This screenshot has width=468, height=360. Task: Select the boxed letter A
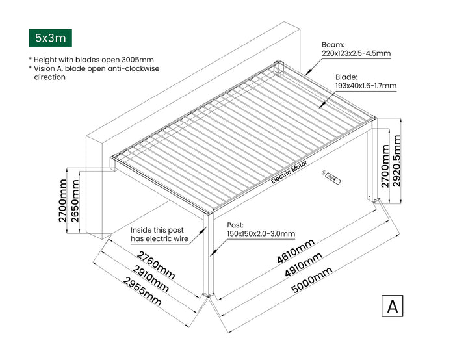pos(392,306)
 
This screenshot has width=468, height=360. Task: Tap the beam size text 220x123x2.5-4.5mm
pos(356,53)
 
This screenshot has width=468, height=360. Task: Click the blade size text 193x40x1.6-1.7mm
pos(365,85)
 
